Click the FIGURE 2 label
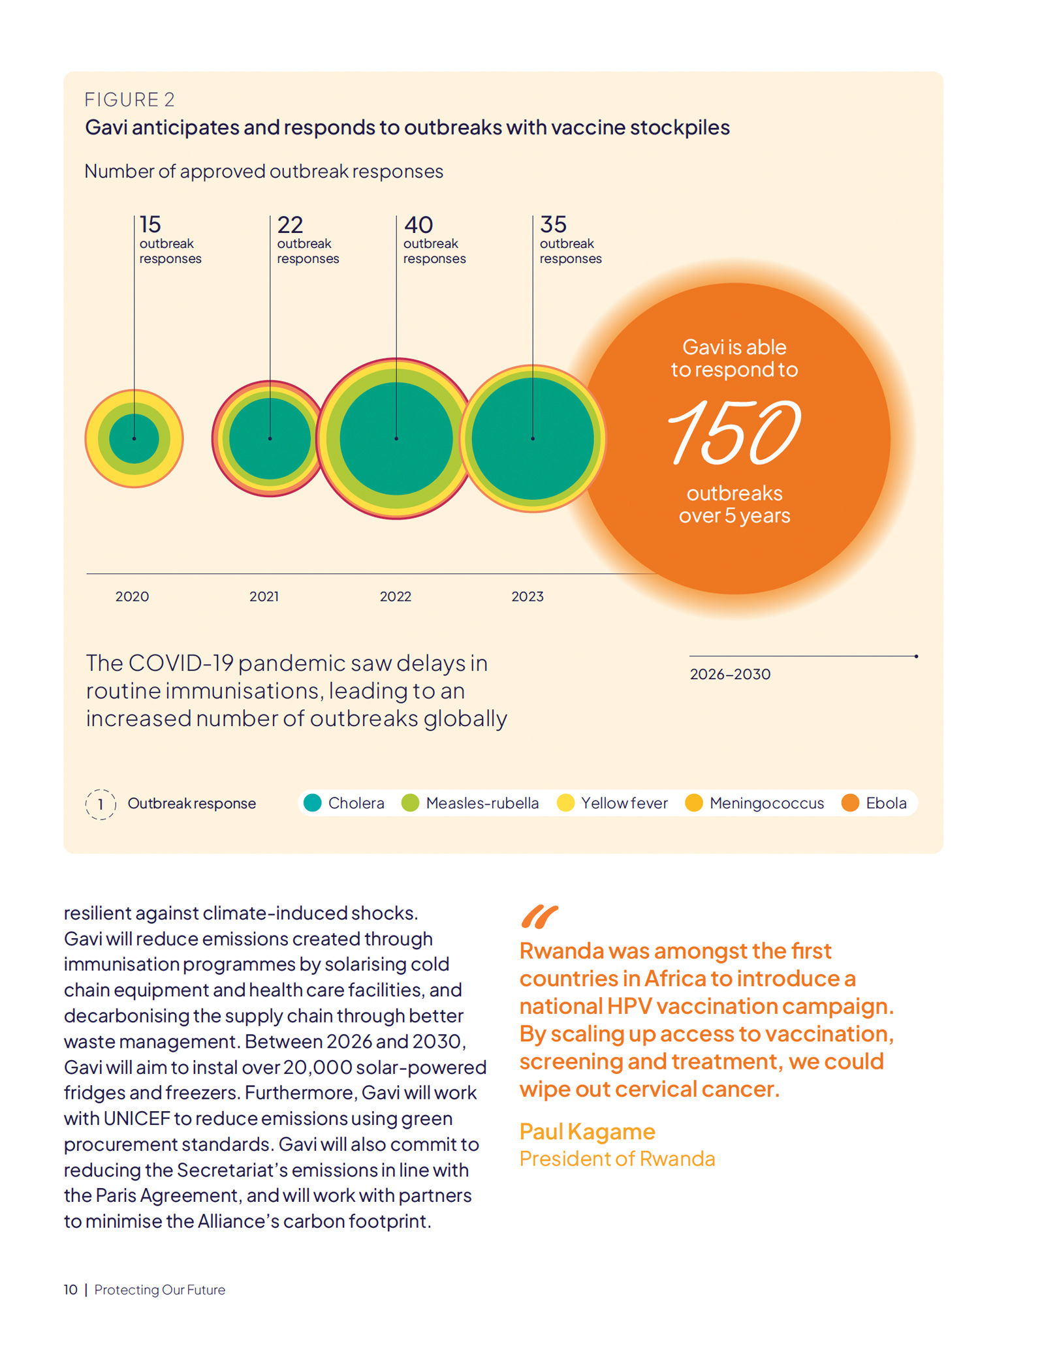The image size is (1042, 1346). (x=130, y=100)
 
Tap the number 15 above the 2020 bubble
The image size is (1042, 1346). (x=150, y=225)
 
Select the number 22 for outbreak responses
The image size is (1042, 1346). (x=290, y=225)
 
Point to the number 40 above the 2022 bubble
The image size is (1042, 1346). (x=418, y=225)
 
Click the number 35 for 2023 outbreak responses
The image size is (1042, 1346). (x=553, y=225)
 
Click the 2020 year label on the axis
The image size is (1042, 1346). (x=132, y=596)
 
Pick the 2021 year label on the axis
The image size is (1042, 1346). (x=264, y=596)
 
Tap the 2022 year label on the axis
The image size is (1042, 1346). (x=395, y=596)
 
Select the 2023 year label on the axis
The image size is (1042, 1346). (x=527, y=596)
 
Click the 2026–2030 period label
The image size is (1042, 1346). (x=730, y=675)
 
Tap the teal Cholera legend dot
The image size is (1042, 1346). (x=313, y=803)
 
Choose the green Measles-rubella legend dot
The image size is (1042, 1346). (x=410, y=803)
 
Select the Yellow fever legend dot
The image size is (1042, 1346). (x=565, y=803)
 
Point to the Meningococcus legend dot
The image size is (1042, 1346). (x=694, y=803)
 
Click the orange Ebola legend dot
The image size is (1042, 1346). (x=850, y=803)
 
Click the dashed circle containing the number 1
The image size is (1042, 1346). (x=101, y=804)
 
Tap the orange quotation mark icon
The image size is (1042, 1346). (x=539, y=917)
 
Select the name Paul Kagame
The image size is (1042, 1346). (x=587, y=1131)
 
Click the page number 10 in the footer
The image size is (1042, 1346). (x=71, y=1290)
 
